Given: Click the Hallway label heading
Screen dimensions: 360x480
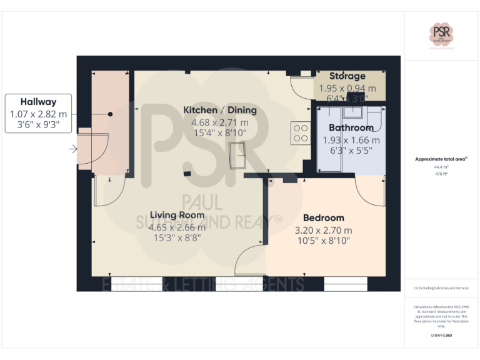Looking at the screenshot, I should [38, 102].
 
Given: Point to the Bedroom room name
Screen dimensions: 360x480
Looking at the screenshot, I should [323, 217].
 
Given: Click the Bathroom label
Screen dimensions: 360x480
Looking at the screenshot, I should [351, 127].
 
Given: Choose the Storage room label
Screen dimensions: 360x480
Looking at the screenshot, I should [347, 76].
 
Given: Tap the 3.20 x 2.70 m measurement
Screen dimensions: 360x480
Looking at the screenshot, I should [323, 229].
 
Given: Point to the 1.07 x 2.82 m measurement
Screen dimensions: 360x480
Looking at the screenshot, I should [38, 114].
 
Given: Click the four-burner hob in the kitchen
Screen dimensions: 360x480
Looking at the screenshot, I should [301, 132].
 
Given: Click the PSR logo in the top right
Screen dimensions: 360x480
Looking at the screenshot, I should [442, 34].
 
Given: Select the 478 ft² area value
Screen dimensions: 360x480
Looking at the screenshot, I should [441, 174].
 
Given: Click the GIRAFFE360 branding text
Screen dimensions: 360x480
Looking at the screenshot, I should [441, 336].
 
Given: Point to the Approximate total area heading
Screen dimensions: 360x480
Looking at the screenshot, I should [441, 159].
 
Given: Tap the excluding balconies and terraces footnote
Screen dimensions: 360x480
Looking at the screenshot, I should [441, 287].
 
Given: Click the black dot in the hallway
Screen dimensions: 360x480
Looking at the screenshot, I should [110, 114].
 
